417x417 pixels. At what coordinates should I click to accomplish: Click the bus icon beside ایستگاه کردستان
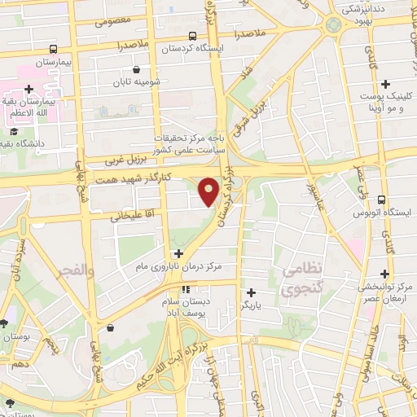(192, 36)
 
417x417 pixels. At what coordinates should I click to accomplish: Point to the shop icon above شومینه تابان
(135, 70)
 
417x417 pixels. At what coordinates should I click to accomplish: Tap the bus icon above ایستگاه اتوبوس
(382, 200)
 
